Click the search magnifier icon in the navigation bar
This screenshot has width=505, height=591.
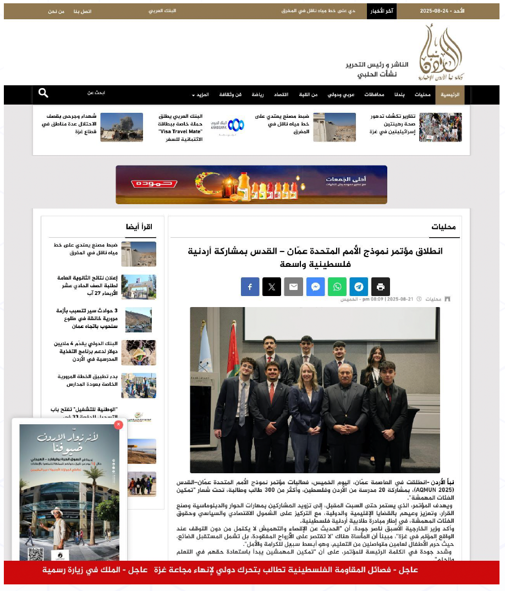click(x=43, y=94)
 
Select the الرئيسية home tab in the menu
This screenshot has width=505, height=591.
click(x=449, y=95)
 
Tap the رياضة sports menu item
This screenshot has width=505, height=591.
click(x=258, y=95)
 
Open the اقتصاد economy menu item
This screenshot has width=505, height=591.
click(x=281, y=95)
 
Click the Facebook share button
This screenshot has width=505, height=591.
click(x=250, y=287)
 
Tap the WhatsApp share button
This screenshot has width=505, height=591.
click(x=337, y=287)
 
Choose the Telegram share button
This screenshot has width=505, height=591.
click(x=359, y=287)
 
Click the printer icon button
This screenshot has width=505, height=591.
click(x=381, y=287)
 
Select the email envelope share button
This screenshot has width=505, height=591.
click(x=293, y=287)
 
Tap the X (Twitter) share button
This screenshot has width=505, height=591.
click(x=272, y=287)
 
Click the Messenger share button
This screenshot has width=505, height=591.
click(x=315, y=287)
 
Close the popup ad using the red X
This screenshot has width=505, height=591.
click(x=118, y=424)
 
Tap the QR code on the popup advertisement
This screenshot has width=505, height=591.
click(x=35, y=540)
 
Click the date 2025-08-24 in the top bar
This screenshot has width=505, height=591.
click(x=435, y=11)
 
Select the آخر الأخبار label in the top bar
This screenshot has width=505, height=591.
click(x=381, y=11)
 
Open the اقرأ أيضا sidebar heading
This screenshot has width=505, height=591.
click(x=139, y=227)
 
